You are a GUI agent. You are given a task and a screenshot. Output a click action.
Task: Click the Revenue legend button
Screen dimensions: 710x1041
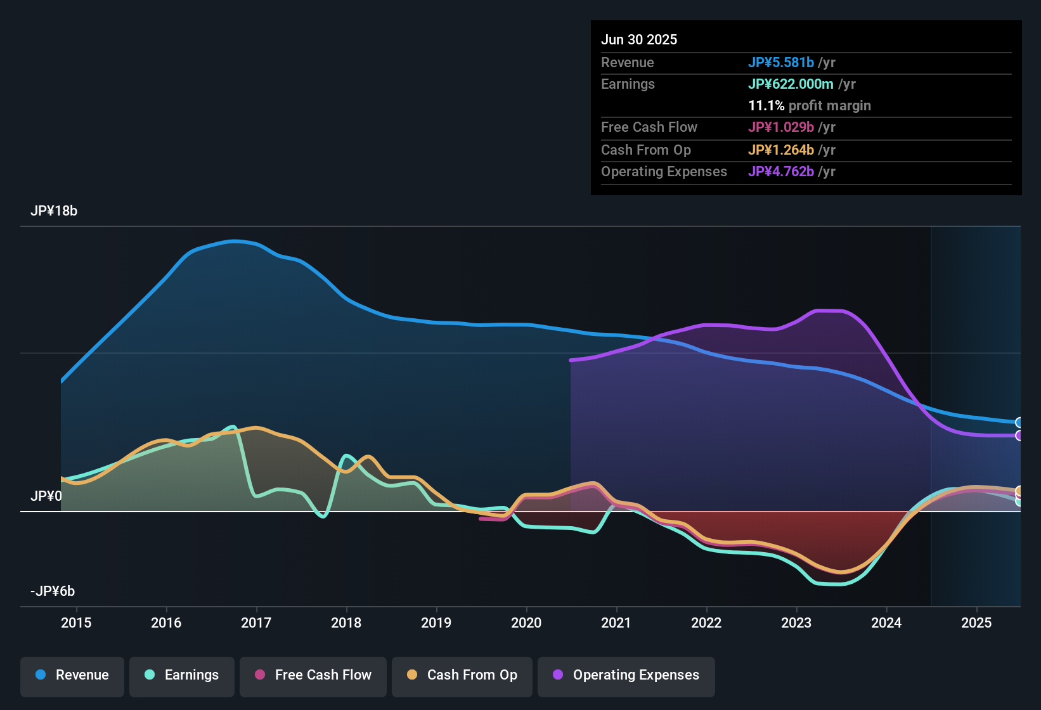[72, 675]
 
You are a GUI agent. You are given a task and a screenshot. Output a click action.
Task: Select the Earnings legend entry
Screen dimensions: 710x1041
[182, 675]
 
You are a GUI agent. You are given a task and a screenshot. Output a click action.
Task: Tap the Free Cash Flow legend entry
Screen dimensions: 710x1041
[313, 675]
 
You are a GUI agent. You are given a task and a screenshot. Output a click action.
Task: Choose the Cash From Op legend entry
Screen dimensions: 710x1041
[462, 675]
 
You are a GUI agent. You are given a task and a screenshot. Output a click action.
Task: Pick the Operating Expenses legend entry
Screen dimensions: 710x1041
[626, 675]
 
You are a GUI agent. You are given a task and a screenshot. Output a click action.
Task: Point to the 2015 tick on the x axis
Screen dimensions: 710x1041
[76, 623]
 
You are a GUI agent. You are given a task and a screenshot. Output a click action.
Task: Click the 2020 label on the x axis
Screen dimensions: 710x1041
[526, 623]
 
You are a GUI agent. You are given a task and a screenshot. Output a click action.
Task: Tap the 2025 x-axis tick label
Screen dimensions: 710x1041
[976, 623]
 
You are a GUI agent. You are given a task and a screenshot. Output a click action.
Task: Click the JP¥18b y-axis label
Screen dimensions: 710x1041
[54, 211]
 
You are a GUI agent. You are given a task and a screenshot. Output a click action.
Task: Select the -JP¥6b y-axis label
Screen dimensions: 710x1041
[53, 591]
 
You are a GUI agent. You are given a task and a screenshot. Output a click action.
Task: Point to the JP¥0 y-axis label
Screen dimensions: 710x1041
[46, 496]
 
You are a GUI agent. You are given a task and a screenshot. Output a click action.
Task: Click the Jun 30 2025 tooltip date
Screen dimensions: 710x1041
[639, 40]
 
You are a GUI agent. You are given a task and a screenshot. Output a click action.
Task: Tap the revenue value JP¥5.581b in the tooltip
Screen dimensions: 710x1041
[780, 63]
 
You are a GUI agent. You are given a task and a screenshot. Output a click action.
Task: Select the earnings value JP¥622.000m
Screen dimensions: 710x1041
[791, 84]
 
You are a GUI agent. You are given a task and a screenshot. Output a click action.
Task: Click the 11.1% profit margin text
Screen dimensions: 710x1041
[809, 106]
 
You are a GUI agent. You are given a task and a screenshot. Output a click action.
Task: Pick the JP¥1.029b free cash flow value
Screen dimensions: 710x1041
[780, 127]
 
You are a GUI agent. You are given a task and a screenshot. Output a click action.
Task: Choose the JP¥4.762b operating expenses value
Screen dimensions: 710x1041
[780, 172]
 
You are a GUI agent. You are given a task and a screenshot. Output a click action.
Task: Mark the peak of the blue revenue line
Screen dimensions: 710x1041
[235, 241]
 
